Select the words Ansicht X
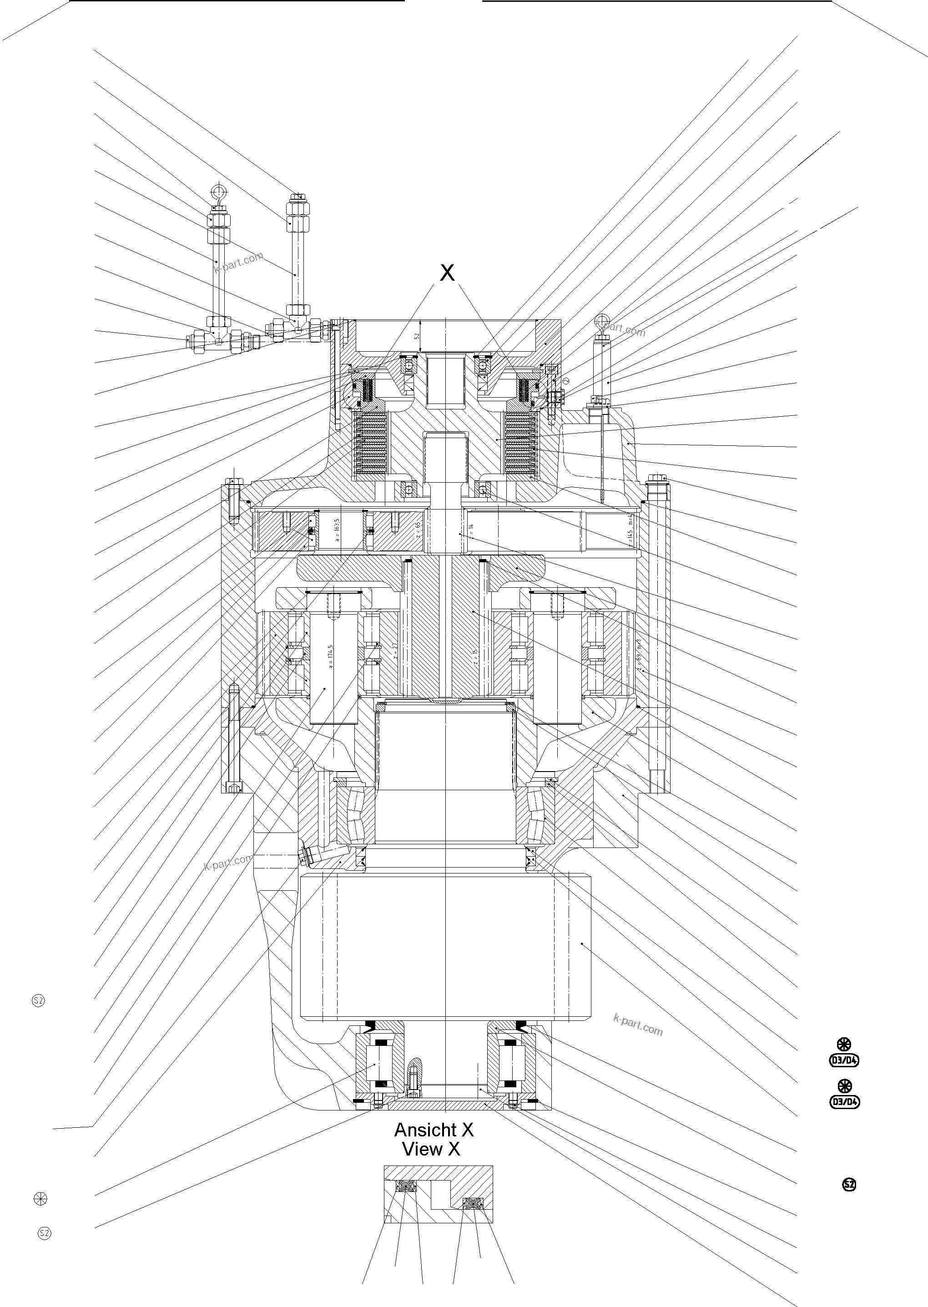pos(434,1130)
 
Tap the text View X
pos(431,1149)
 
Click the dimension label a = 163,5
pos(337,530)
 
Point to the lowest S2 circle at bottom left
pos(44,1233)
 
